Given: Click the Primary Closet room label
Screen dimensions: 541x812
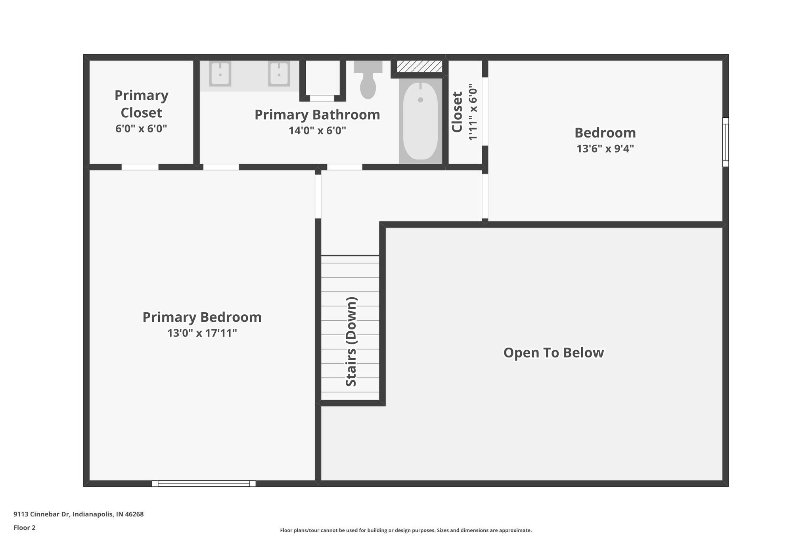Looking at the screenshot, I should click(x=141, y=104).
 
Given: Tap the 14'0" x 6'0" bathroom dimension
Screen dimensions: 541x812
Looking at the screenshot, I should click(x=317, y=130).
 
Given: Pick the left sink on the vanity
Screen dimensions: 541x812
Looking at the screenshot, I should click(x=220, y=74).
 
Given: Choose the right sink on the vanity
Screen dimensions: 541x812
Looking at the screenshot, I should click(x=279, y=74).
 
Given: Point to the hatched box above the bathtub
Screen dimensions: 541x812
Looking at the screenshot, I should click(x=419, y=66).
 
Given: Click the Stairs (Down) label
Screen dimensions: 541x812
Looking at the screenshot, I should click(x=351, y=341).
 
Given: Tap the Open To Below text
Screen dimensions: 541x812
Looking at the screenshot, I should click(x=553, y=352).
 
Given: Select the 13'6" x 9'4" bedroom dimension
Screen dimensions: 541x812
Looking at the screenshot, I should click(x=605, y=149).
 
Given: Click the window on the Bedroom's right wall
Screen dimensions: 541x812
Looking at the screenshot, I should click(x=725, y=142).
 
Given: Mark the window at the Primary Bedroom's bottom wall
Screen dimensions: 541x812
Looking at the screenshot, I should click(x=203, y=484).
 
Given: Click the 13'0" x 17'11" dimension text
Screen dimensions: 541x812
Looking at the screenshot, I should click(x=202, y=333).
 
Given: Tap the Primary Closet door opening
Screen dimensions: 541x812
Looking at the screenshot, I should click(x=140, y=167).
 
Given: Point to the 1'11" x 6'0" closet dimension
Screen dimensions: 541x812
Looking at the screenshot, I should click(x=473, y=112).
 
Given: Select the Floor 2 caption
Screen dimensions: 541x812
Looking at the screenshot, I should click(x=25, y=528).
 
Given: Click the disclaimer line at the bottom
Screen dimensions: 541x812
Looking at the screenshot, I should click(x=406, y=530).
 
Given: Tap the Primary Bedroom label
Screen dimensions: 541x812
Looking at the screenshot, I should click(x=202, y=317).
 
